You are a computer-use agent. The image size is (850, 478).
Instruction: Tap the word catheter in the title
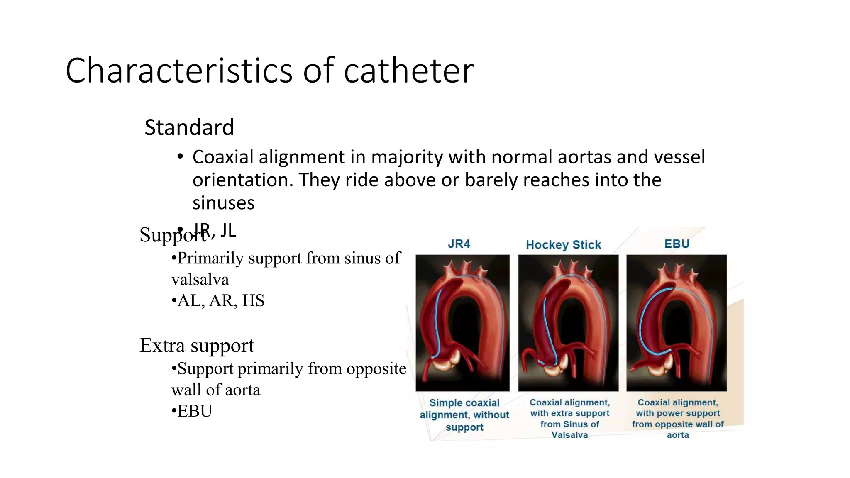(409, 71)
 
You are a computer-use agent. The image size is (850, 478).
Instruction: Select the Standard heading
(189, 127)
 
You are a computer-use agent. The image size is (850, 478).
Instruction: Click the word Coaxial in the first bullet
(223, 157)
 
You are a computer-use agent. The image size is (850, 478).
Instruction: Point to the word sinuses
(223, 203)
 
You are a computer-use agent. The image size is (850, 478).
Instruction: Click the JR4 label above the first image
(459, 244)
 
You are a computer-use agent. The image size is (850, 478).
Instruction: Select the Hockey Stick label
(563, 245)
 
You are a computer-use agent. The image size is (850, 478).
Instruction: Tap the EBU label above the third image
(677, 244)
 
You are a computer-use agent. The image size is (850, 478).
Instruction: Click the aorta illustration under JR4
(462, 323)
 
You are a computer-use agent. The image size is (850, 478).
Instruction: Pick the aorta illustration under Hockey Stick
(568, 323)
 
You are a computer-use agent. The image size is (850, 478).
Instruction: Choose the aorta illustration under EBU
(677, 323)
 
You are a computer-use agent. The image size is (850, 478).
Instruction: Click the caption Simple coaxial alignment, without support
(464, 415)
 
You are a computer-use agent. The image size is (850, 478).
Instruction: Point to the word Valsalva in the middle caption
(569, 435)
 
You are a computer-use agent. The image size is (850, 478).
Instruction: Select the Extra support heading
(196, 345)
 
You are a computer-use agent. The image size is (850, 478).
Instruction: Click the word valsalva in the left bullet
(200, 280)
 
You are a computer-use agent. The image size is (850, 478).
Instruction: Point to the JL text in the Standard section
(228, 230)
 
